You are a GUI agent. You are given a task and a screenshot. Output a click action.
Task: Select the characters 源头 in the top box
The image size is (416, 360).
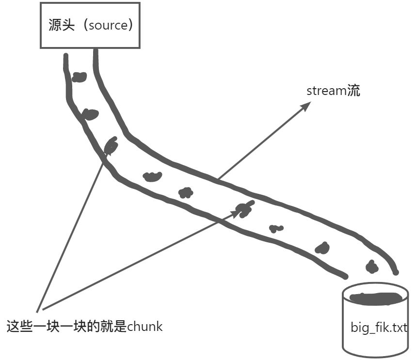point(61,26)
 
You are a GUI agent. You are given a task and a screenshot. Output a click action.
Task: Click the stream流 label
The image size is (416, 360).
point(333,91)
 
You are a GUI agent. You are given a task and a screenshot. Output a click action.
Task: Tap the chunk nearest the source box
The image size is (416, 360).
point(79,77)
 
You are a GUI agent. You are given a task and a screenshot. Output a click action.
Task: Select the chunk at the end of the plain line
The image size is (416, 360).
point(111,145)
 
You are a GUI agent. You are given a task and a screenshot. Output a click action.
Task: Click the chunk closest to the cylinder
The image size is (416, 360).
point(372,266)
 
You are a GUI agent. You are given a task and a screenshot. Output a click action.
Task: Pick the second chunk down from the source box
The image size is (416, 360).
point(90,114)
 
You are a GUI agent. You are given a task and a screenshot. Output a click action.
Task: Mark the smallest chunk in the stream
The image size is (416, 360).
point(276,228)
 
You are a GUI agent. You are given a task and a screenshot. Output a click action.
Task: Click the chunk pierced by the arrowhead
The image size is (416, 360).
point(244,209)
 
